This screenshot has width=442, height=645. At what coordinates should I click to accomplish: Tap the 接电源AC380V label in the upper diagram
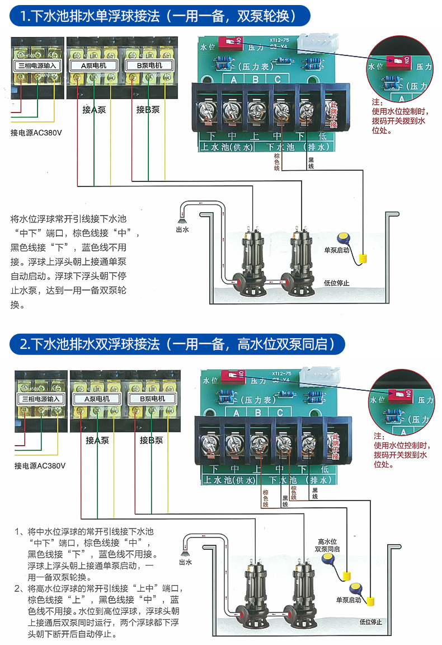(x=36, y=133)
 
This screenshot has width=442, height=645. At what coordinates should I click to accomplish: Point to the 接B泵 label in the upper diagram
(x=148, y=110)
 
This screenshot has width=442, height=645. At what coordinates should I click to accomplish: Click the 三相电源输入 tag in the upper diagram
(x=37, y=66)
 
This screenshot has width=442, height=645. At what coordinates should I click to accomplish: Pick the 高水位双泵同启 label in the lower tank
(x=327, y=545)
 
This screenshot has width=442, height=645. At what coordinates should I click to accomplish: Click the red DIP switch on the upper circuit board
(x=229, y=41)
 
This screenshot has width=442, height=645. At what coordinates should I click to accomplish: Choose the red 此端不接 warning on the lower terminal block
(x=335, y=446)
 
